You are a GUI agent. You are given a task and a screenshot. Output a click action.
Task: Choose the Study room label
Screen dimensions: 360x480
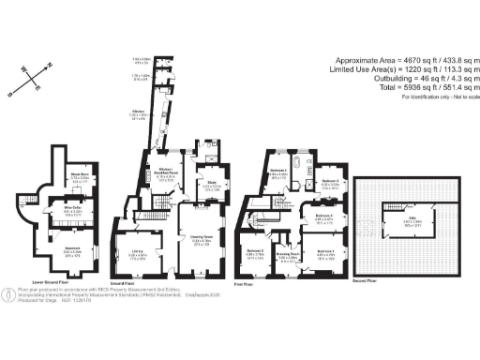point(212,184)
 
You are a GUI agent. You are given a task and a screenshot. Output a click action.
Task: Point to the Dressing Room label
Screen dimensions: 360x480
point(288,254)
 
